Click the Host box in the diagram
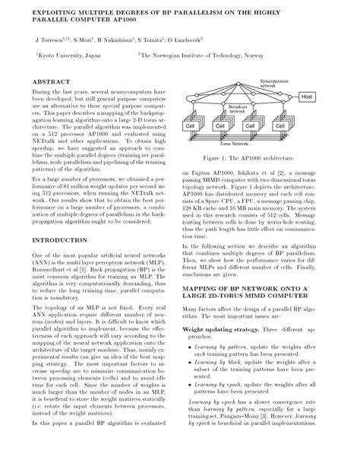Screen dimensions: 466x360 click(307, 97)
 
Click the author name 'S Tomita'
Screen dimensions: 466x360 click(153, 37)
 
